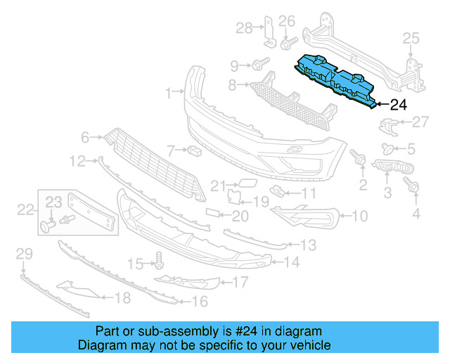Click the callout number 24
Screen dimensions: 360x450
click(398, 105)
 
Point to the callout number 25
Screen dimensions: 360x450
click(410, 37)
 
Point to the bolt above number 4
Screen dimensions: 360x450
click(413, 186)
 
